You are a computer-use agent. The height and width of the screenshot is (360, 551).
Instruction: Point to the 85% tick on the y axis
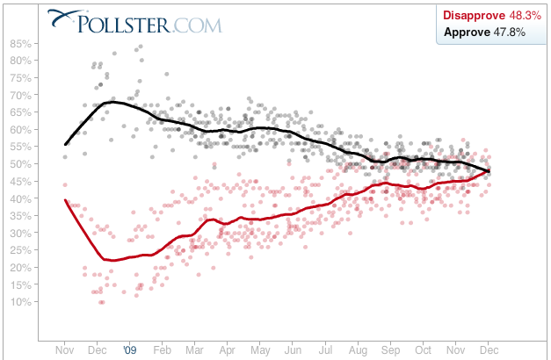coord(21,43)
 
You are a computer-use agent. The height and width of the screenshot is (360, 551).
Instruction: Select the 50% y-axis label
coord(21,163)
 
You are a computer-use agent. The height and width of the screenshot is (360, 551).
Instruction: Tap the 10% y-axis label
coord(21,302)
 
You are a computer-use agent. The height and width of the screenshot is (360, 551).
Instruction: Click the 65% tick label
coord(21,112)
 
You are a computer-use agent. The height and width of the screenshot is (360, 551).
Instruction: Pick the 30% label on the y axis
coord(21,233)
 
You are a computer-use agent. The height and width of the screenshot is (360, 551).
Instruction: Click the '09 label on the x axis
coord(130,349)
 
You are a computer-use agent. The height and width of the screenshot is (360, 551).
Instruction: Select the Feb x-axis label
coord(163,349)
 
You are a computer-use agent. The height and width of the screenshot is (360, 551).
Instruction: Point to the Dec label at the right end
coord(489,349)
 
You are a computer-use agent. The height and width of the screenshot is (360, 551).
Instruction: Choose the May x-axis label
coord(259,349)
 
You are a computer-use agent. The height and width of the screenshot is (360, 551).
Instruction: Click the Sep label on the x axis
coord(389,349)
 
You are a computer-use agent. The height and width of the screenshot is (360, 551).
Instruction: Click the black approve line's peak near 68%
coord(111,102)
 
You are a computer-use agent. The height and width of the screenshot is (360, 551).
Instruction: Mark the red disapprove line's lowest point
coord(111,260)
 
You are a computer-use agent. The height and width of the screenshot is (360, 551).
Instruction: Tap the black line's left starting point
coord(66,144)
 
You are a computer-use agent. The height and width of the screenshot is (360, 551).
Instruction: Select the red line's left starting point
coord(66,200)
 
